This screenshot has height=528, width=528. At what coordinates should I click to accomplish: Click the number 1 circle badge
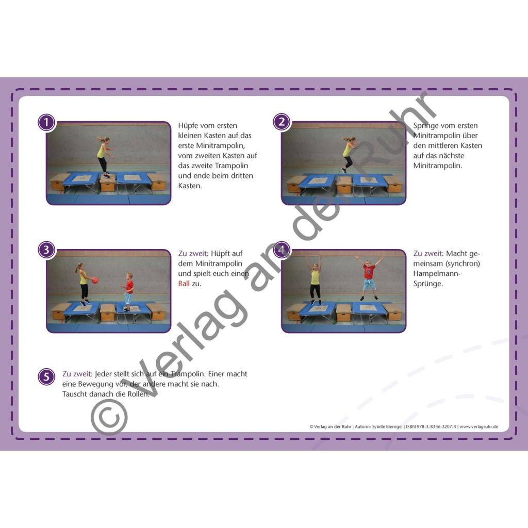click(x=46, y=122)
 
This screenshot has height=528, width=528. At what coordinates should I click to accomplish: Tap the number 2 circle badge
click(x=282, y=122)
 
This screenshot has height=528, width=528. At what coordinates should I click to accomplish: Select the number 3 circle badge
click(x=46, y=250)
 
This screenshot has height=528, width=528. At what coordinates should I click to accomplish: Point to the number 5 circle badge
click(x=46, y=377)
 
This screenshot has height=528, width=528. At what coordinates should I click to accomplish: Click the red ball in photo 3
click(x=95, y=280)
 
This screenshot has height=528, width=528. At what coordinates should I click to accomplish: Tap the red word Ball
click(x=184, y=284)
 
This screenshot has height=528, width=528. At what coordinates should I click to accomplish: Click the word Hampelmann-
click(x=437, y=273)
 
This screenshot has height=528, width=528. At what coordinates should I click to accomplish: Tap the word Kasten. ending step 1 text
click(x=190, y=186)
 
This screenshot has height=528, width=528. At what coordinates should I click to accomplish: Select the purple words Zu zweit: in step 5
click(x=77, y=374)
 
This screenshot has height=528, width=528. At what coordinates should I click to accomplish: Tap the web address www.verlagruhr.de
click(x=479, y=426)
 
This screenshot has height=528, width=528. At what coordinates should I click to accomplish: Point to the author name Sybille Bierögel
click(x=387, y=426)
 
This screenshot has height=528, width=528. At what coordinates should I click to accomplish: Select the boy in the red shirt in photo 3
click(x=127, y=292)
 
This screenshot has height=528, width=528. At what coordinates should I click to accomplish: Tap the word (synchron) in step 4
click(x=463, y=263)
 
